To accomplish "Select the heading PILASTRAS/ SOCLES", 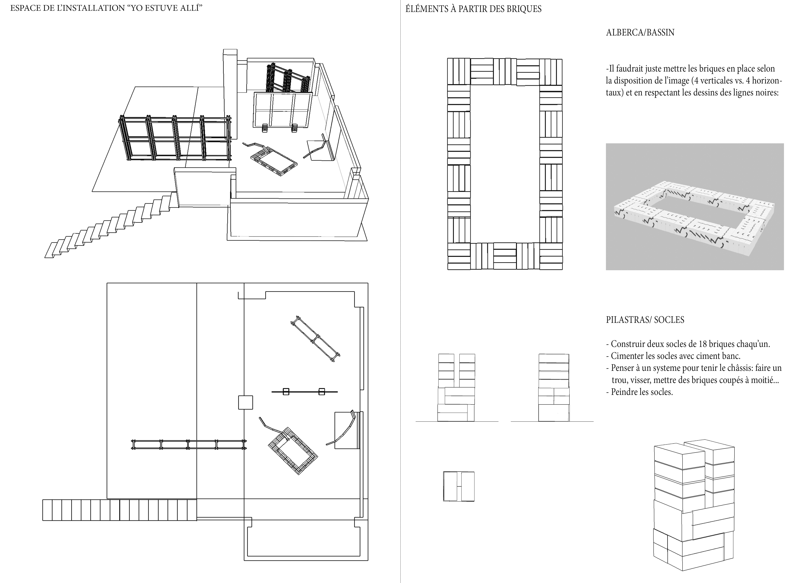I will click(645, 320).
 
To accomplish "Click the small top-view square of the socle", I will click(459, 486).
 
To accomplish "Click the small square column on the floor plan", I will click(245, 402).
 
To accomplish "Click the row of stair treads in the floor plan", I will click(119, 510).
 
